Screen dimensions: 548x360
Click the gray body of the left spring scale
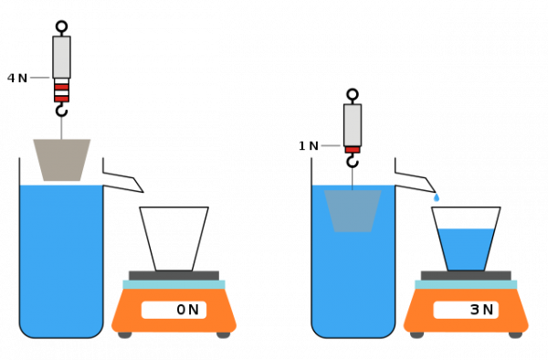coord(61,57)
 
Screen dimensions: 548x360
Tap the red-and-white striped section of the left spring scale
coord(61,90)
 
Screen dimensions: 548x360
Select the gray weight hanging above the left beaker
coord(61,160)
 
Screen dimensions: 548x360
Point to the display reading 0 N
coord(174,310)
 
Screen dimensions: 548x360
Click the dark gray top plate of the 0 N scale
coord(174,275)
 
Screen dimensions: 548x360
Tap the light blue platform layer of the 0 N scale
coord(174,284)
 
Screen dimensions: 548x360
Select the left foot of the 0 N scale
coord(125,335)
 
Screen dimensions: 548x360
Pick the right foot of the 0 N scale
coord(223,335)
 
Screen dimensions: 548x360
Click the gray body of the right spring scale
coord(353,124)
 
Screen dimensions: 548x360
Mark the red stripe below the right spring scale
coord(353,149)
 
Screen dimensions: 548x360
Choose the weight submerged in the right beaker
coord(353,210)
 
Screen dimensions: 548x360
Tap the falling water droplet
coord(436,198)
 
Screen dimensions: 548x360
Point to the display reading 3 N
coord(466,310)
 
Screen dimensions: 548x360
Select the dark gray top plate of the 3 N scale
coord(466,275)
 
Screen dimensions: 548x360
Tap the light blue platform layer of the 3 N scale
coord(466,284)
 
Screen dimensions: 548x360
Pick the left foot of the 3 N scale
coord(417,335)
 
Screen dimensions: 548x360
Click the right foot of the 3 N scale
coord(515,335)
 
